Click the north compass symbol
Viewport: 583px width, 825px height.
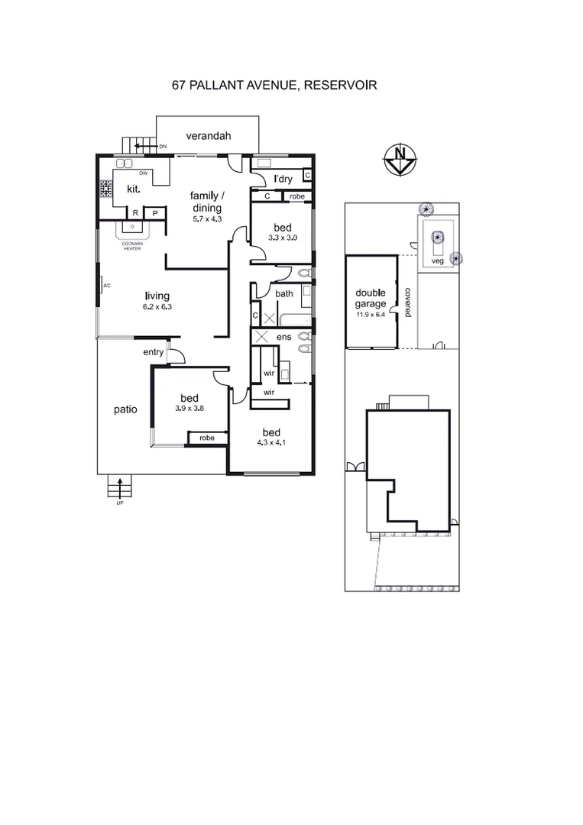point(399,160)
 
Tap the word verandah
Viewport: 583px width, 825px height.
point(209,137)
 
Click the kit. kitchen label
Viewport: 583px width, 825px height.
point(121,188)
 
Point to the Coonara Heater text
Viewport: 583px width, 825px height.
point(133,246)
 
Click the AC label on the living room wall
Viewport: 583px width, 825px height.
point(106,286)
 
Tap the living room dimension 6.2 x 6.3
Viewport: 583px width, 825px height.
point(158,307)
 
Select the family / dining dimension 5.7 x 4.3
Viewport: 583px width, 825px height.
point(206,218)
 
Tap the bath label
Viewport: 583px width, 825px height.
point(284,293)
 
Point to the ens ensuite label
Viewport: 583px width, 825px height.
point(283,336)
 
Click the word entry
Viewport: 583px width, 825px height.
point(153,352)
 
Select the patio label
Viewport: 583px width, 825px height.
point(125,409)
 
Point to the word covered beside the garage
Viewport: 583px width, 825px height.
point(408,302)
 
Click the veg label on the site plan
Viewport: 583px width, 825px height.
point(437,260)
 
